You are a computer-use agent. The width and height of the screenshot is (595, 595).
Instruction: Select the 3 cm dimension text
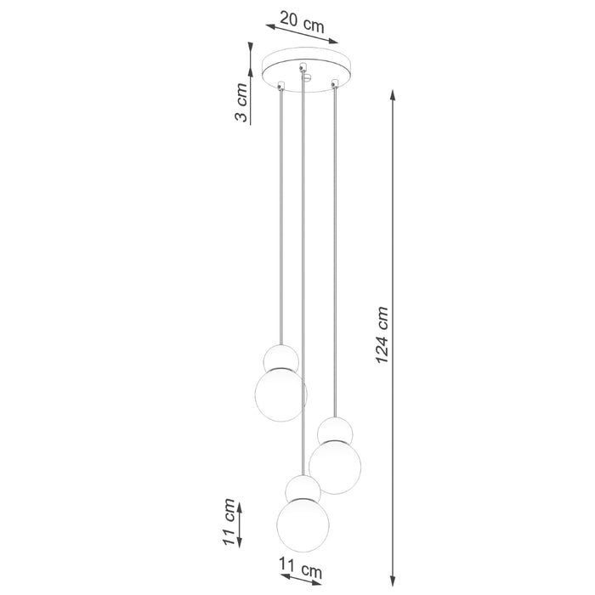coord(242,105)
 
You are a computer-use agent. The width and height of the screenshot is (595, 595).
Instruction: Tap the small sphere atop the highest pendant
coord(280,358)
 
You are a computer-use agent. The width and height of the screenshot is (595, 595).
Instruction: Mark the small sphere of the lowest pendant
coord(303,488)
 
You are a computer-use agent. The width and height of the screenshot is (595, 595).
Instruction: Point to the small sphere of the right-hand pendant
coord(335,431)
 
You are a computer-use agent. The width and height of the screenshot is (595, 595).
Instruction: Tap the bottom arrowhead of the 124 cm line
coord(393,574)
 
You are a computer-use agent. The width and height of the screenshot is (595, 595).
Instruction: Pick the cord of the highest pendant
coord(280,212)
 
